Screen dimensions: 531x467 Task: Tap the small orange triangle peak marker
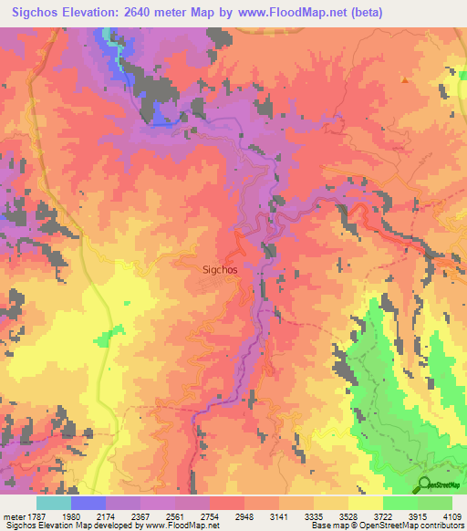404,79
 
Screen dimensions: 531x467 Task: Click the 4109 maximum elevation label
453,515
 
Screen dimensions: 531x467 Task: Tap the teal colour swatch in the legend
54,503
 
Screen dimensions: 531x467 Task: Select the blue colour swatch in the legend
88,503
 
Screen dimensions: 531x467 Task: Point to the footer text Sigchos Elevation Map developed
73,526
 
